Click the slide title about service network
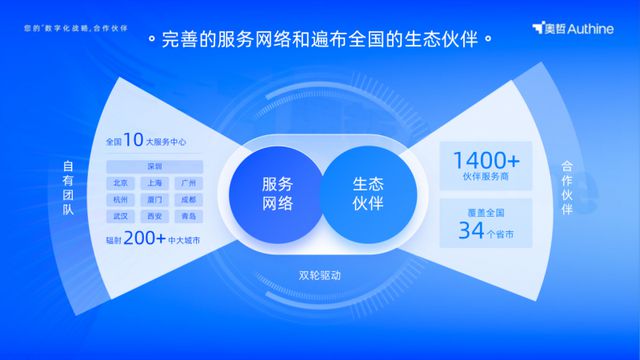[320, 42]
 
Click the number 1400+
[486, 160]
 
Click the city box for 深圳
[155, 166]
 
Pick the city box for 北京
[121, 183]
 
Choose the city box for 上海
[155, 183]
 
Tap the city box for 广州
[188, 183]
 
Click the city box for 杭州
[121, 199]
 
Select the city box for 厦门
[155, 199]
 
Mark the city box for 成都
[188, 199]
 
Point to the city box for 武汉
[121, 215]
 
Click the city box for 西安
[155, 215]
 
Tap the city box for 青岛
[188, 215]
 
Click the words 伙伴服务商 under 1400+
[486, 179]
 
